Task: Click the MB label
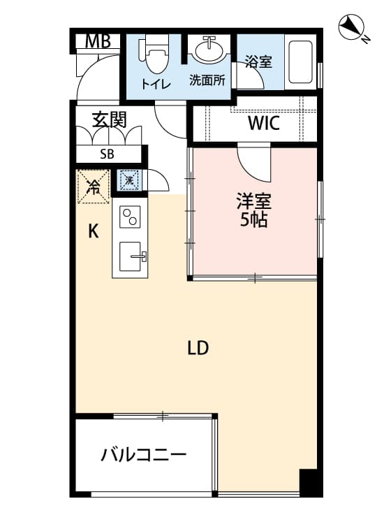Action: tap(98, 42)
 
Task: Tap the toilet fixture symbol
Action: tap(154, 55)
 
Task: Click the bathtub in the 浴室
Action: tap(300, 61)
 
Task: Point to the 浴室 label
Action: tap(258, 61)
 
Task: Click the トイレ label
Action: tap(156, 85)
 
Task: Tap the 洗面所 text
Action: tap(207, 80)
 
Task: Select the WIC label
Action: tap(263, 123)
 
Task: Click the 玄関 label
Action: tap(110, 120)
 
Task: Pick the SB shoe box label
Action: tap(108, 154)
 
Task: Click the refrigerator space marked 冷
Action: tap(93, 187)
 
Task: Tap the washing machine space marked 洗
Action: tap(129, 180)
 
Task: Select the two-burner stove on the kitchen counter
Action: tap(130, 217)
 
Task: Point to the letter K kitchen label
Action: tap(93, 231)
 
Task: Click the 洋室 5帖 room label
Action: tap(253, 210)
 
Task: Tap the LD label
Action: tap(198, 348)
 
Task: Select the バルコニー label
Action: tap(144, 455)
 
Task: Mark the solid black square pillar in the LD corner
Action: tap(310, 482)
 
